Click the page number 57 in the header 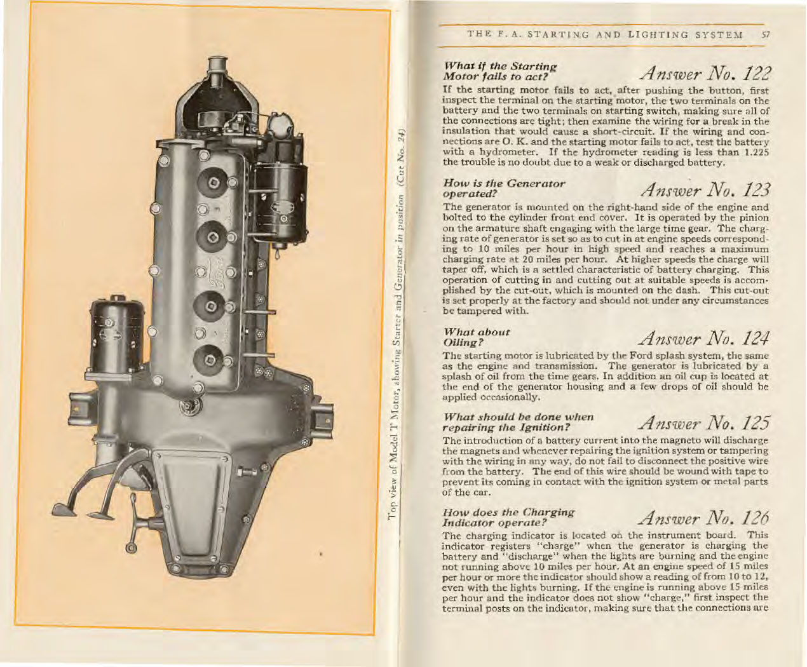(x=766, y=35)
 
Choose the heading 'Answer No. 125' (x=705, y=422)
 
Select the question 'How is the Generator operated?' (x=503, y=188)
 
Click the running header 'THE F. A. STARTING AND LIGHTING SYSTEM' (x=604, y=35)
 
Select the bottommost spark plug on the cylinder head (x=208, y=361)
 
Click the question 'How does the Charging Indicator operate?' (x=508, y=518)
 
